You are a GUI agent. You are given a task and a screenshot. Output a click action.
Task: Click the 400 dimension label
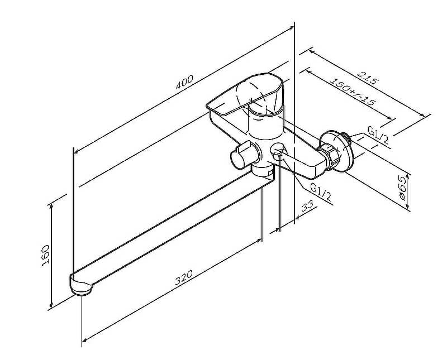[184, 81]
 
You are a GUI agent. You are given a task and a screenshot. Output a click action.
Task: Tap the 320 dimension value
[183, 277]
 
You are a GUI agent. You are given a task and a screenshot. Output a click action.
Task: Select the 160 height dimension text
[46, 255]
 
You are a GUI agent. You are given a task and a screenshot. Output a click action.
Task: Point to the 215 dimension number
[368, 78]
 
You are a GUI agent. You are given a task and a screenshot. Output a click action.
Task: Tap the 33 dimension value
[307, 205]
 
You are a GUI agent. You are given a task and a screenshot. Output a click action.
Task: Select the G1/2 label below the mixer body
[321, 192]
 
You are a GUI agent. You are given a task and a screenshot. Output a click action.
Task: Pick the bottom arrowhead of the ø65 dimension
[408, 207]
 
